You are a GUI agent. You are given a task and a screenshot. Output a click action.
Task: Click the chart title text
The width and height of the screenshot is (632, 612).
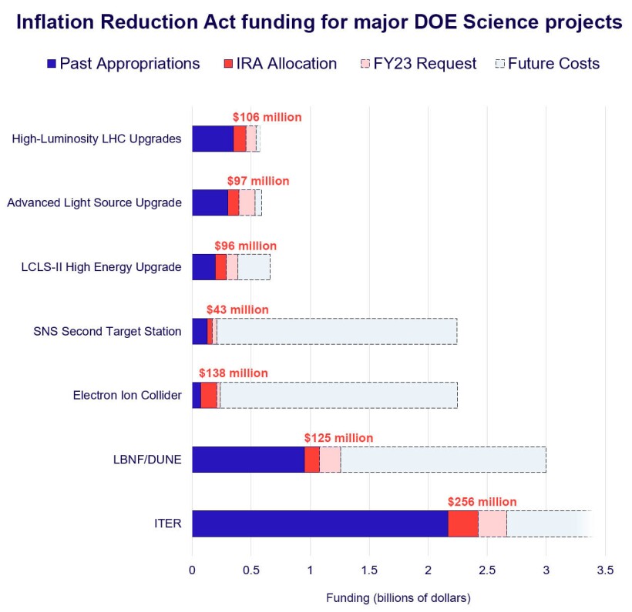pyautogui.click(x=319, y=23)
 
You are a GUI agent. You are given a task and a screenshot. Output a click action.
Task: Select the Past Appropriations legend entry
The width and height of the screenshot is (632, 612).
pyautogui.click(x=123, y=64)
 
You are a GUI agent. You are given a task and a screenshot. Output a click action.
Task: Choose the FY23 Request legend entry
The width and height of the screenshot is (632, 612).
pyautogui.click(x=418, y=64)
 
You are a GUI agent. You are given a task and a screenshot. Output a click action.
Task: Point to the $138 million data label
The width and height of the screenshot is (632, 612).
pyautogui.click(x=234, y=373)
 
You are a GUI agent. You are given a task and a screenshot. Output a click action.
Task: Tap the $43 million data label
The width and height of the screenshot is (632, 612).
pyautogui.click(x=237, y=309)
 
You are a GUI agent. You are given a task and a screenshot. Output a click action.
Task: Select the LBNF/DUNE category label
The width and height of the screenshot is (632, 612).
pyautogui.click(x=146, y=460)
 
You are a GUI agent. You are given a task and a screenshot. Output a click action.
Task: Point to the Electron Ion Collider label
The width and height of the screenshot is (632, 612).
pyautogui.click(x=127, y=396)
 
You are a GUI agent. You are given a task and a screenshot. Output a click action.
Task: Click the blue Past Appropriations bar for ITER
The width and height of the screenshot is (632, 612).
pyautogui.click(x=320, y=523)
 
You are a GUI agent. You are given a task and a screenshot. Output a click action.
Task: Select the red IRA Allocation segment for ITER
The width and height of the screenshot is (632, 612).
pyautogui.click(x=463, y=523)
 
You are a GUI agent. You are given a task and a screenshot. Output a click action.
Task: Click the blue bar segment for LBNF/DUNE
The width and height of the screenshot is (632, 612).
pyautogui.click(x=248, y=460)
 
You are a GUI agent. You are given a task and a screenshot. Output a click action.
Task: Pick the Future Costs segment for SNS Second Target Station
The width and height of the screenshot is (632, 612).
pyautogui.click(x=337, y=332)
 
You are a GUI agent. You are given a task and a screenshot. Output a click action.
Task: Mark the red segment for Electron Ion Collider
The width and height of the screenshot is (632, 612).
pyautogui.click(x=209, y=396)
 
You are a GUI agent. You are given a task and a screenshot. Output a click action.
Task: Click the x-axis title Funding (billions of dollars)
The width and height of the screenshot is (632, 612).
pyautogui.click(x=398, y=597)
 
